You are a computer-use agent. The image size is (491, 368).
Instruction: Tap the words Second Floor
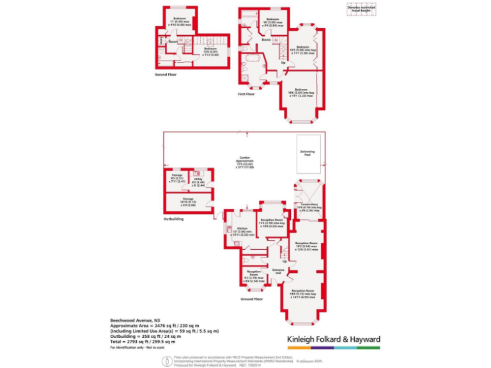(166, 75)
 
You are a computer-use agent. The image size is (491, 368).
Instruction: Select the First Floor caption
(246, 94)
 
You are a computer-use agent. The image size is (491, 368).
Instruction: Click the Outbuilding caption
(173, 218)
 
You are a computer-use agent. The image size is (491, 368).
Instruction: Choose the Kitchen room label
(242, 231)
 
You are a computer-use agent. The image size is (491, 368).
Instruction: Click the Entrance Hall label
(278, 272)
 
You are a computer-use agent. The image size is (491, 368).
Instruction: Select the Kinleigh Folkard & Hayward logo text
(333, 339)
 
